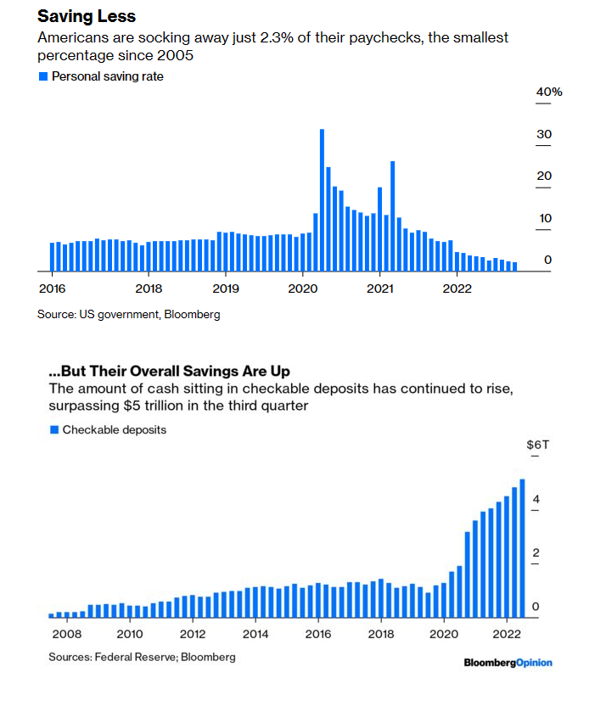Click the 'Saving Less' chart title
tap(87, 17)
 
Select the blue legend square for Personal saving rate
tap(43, 76)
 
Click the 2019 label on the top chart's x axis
tap(226, 289)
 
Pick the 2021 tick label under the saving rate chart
tap(379, 289)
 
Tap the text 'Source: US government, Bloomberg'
tap(128, 314)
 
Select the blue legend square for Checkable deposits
tap(54, 429)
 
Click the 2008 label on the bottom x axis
tap(66, 633)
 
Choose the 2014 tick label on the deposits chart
tap(255, 633)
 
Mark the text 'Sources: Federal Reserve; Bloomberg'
tap(142, 657)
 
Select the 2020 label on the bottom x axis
tap(444, 633)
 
